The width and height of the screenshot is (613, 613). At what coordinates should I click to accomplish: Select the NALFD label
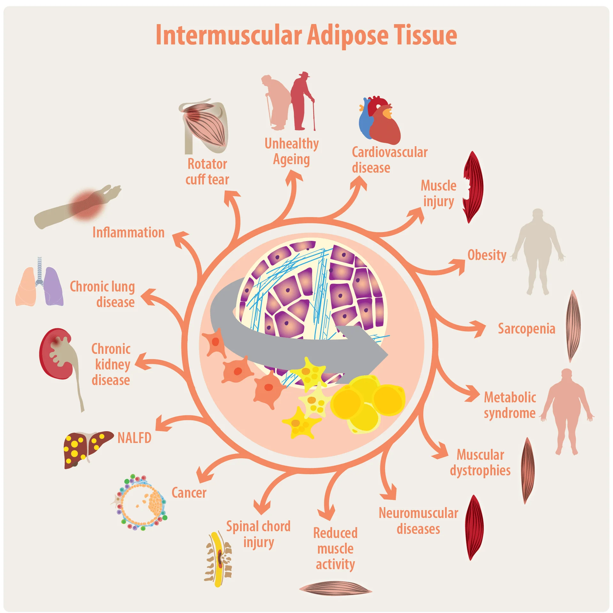(x=134, y=438)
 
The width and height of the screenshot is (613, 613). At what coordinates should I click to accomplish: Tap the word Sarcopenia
(x=526, y=329)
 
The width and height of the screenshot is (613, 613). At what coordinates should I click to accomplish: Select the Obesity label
(x=487, y=255)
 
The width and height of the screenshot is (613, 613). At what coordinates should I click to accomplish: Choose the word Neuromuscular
(x=418, y=513)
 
